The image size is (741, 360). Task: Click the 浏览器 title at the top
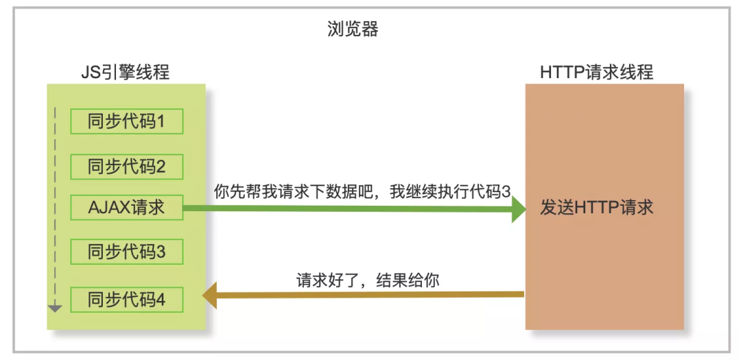click(353, 29)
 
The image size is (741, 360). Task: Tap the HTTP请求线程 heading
click(596, 72)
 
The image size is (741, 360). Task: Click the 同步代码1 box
click(127, 121)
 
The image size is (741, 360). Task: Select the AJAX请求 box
click(127, 207)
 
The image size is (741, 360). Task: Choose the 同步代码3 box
click(127, 252)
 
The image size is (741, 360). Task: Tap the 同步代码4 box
click(127, 300)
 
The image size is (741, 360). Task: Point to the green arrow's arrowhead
click(517, 210)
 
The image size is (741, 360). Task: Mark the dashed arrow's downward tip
click(56, 309)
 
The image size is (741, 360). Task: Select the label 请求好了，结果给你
click(367, 280)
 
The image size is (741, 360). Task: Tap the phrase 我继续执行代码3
click(449, 192)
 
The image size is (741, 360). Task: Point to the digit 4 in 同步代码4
click(160, 300)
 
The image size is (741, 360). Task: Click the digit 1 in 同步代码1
click(161, 121)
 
